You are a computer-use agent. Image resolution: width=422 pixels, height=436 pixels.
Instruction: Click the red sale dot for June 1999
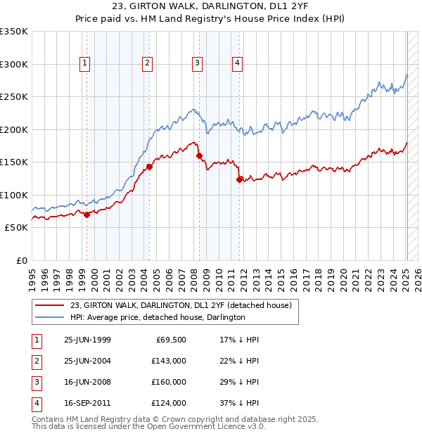[87, 215]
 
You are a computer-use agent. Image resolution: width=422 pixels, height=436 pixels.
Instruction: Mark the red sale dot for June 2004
[149, 167]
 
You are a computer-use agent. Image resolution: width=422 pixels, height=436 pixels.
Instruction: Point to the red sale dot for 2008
[199, 155]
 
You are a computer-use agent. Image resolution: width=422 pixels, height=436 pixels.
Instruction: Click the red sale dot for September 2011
[240, 179]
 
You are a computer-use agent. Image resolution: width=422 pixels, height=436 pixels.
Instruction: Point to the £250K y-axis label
[14, 96]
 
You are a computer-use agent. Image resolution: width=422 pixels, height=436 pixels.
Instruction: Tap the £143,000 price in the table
[169, 361]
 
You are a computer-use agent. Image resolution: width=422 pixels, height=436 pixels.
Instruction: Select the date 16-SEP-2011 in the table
[87, 403]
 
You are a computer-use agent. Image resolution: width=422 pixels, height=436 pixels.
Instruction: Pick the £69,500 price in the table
[171, 340]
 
